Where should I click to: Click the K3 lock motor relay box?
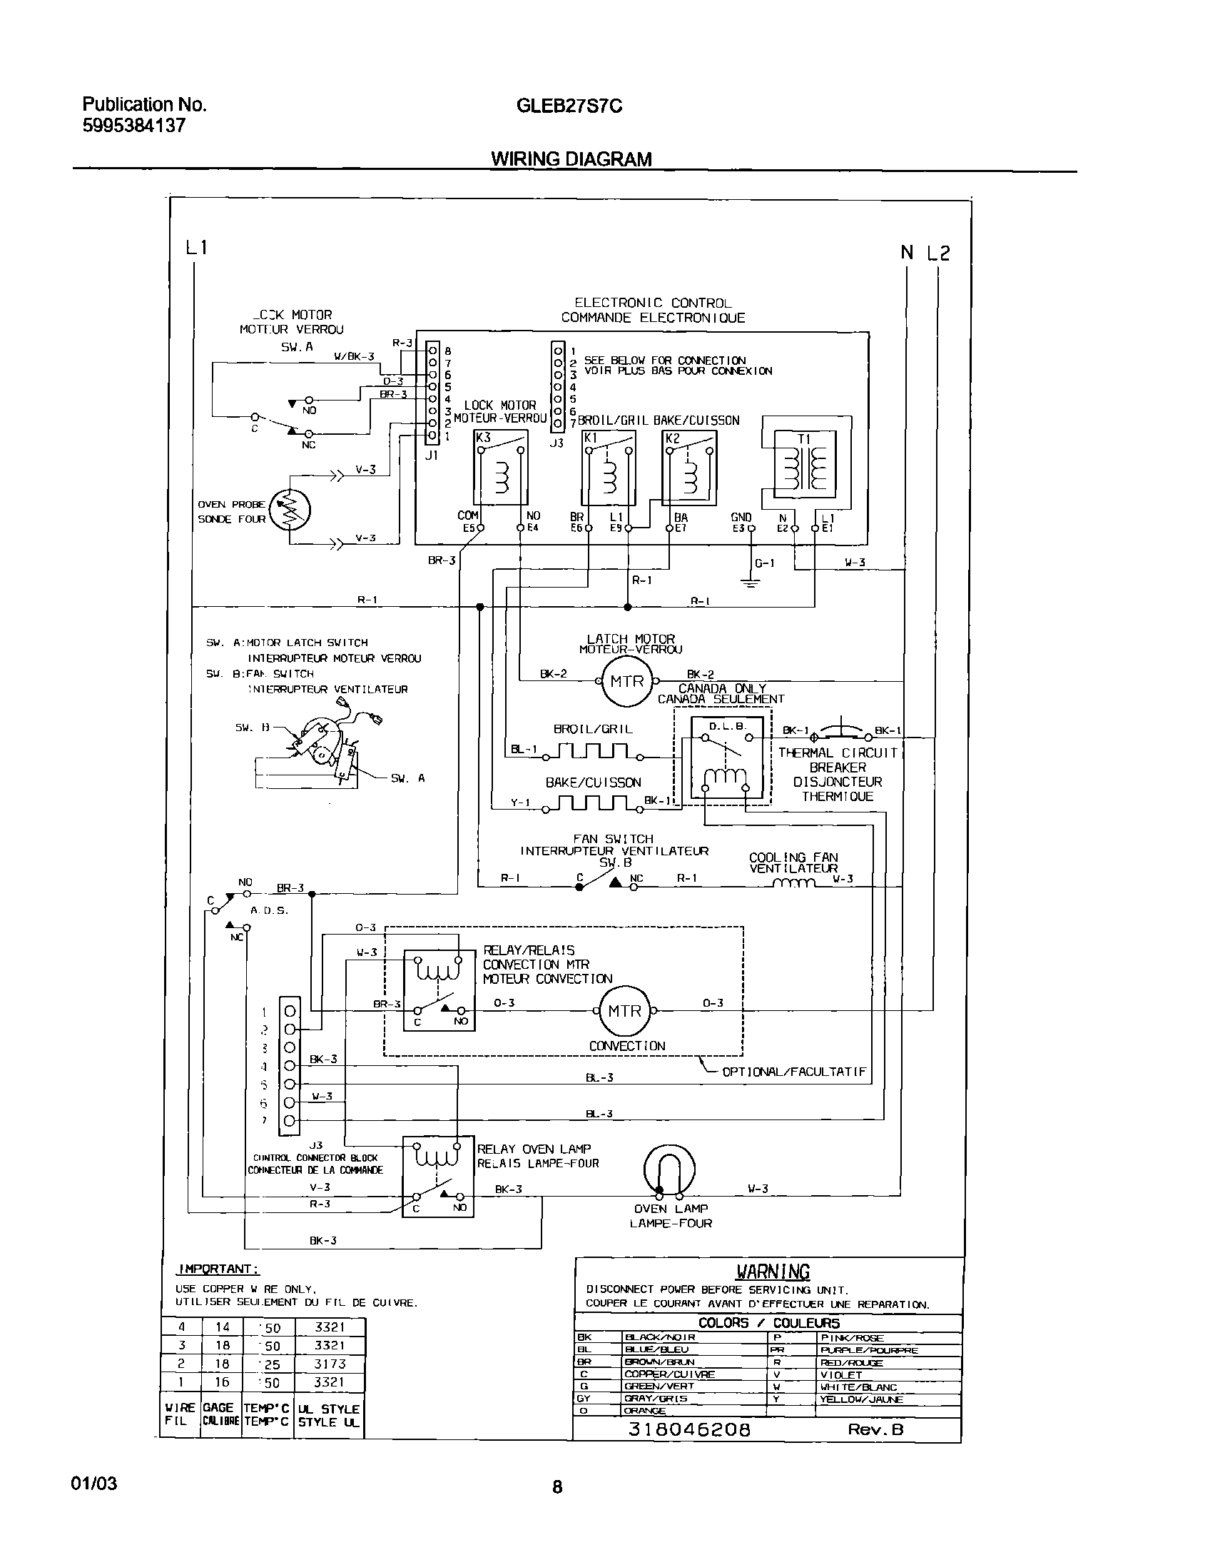501,467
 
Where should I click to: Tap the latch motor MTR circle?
627,681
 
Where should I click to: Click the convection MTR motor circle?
624,1011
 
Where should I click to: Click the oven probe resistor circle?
290,510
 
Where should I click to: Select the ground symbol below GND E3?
751,583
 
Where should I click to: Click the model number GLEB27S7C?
569,106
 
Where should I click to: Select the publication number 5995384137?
134,126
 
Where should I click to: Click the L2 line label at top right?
937,253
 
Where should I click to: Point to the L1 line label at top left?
196,248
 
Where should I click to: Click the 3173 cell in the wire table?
330,1364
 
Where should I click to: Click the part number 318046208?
689,1429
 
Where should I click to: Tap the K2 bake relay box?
689,467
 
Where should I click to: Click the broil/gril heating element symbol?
592,751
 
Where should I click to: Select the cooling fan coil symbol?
794,883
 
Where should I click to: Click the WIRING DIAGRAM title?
571,159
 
